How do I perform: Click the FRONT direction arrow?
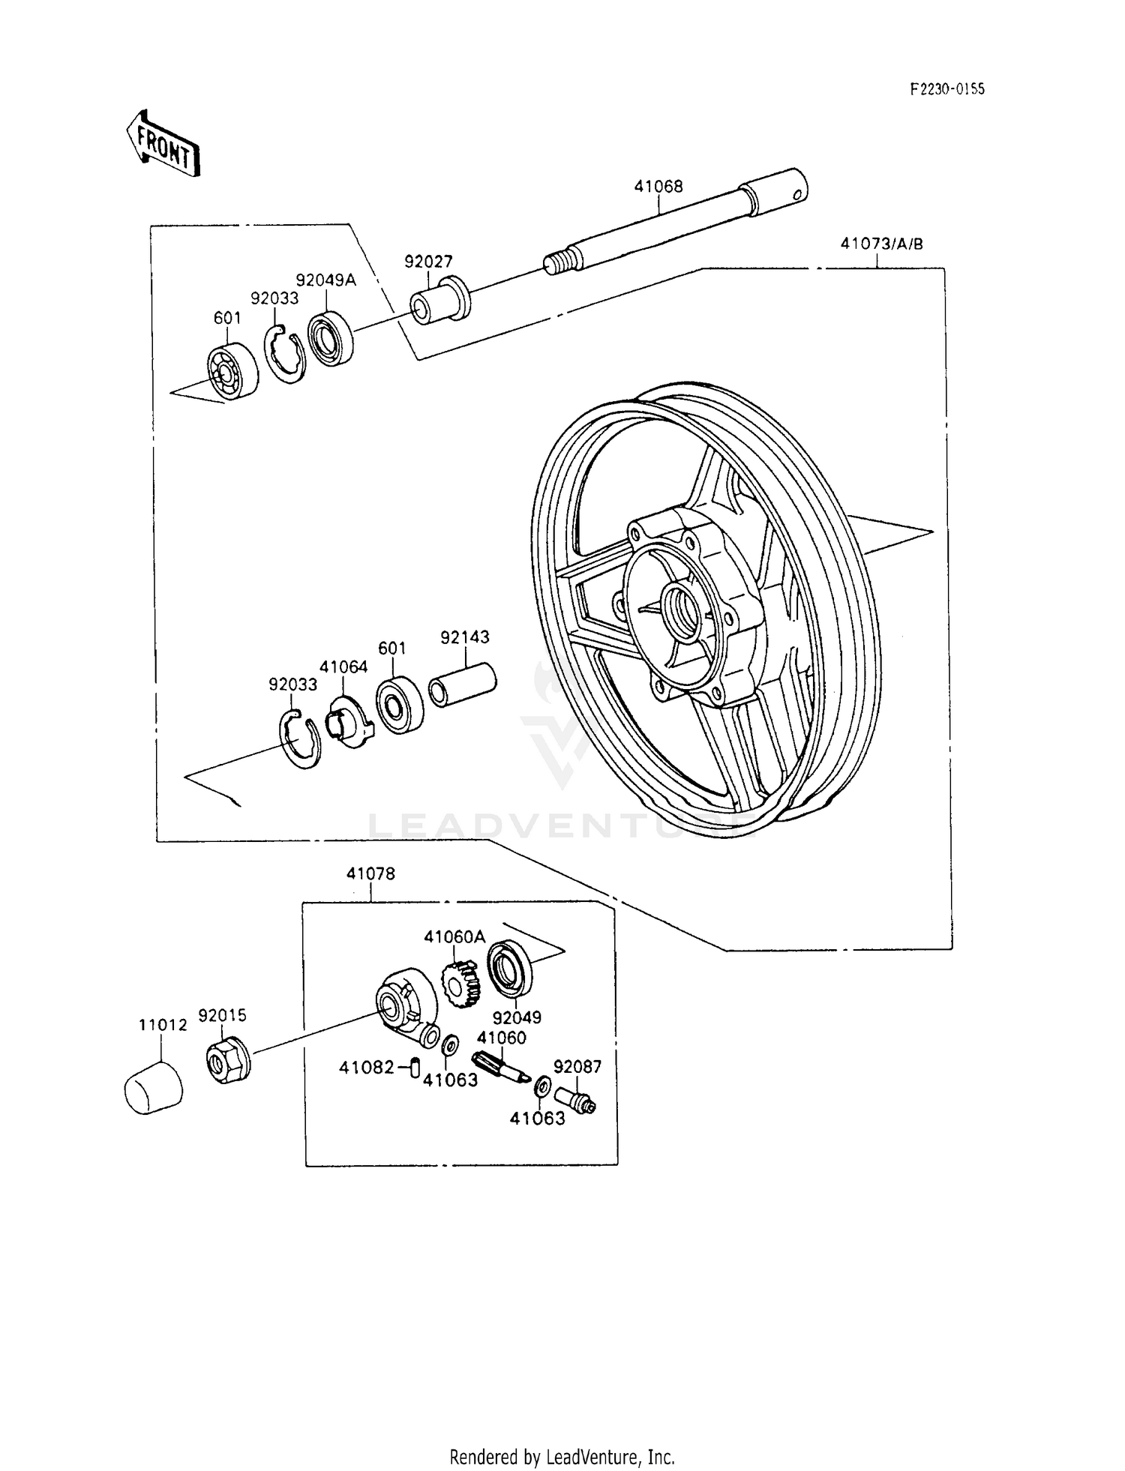click(163, 143)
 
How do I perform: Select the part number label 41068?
click(658, 187)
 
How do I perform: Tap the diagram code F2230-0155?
click(947, 89)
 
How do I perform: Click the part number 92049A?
click(326, 280)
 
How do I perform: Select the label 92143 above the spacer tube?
click(465, 637)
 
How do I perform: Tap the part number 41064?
click(343, 667)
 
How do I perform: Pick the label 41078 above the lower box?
click(370, 873)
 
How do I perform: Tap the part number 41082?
click(366, 1067)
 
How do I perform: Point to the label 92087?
click(577, 1066)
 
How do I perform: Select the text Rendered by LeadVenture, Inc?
click(562, 1457)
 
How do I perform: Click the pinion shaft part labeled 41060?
click(497, 1068)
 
